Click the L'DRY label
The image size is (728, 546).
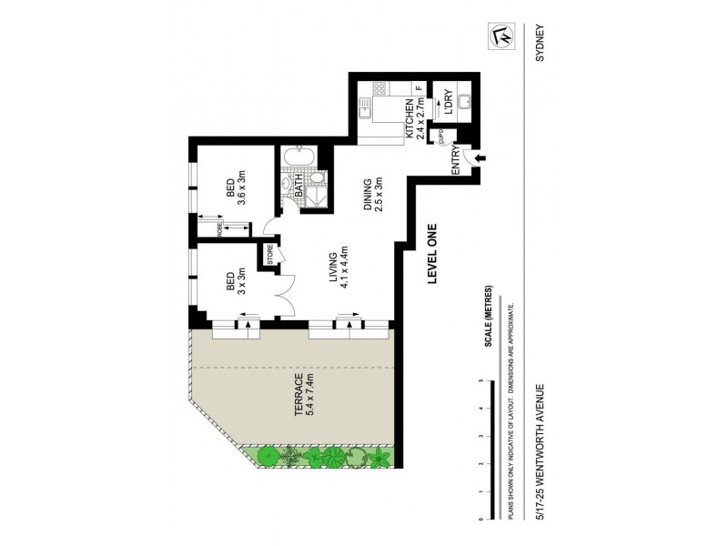coord(449,102)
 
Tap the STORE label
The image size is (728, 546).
coord(270,255)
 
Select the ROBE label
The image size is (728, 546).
coord(207,226)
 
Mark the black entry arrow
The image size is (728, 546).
coord(480,159)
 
